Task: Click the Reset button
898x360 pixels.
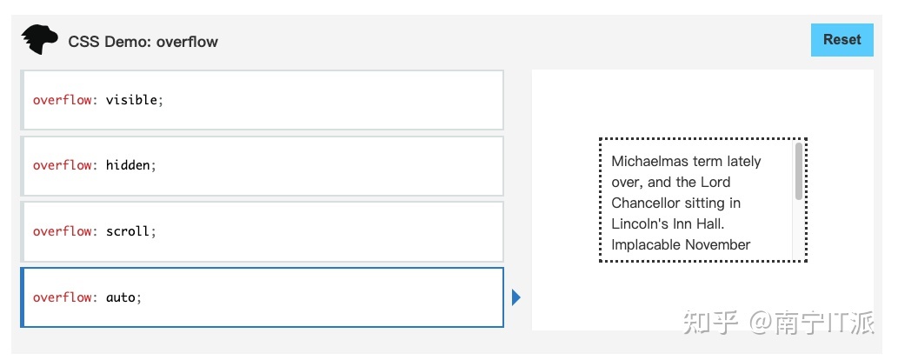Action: pyautogui.click(x=841, y=40)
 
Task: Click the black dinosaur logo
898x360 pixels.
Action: pyautogui.click(x=39, y=39)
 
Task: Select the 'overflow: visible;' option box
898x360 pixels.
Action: pyautogui.click(x=262, y=100)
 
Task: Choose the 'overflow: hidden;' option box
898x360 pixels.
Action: pyautogui.click(x=262, y=165)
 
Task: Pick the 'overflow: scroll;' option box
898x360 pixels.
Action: pyautogui.click(x=262, y=231)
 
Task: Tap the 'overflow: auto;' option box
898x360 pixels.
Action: pyautogui.click(x=262, y=297)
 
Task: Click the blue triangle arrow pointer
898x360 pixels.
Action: pyautogui.click(x=516, y=298)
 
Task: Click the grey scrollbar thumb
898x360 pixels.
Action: pyautogui.click(x=798, y=170)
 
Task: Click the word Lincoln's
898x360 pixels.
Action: pyautogui.click(x=640, y=223)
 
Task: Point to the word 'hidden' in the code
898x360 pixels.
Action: pyautogui.click(x=128, y=165)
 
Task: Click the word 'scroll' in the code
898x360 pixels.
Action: pyautogui.click(x=128, y=231)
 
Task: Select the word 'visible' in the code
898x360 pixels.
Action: pyautogui.click(x=131, y=100)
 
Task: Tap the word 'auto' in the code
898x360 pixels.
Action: pyautogui.click(x=121, y=297)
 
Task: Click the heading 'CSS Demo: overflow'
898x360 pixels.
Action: pyautogui.click(x=143, y=42)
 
